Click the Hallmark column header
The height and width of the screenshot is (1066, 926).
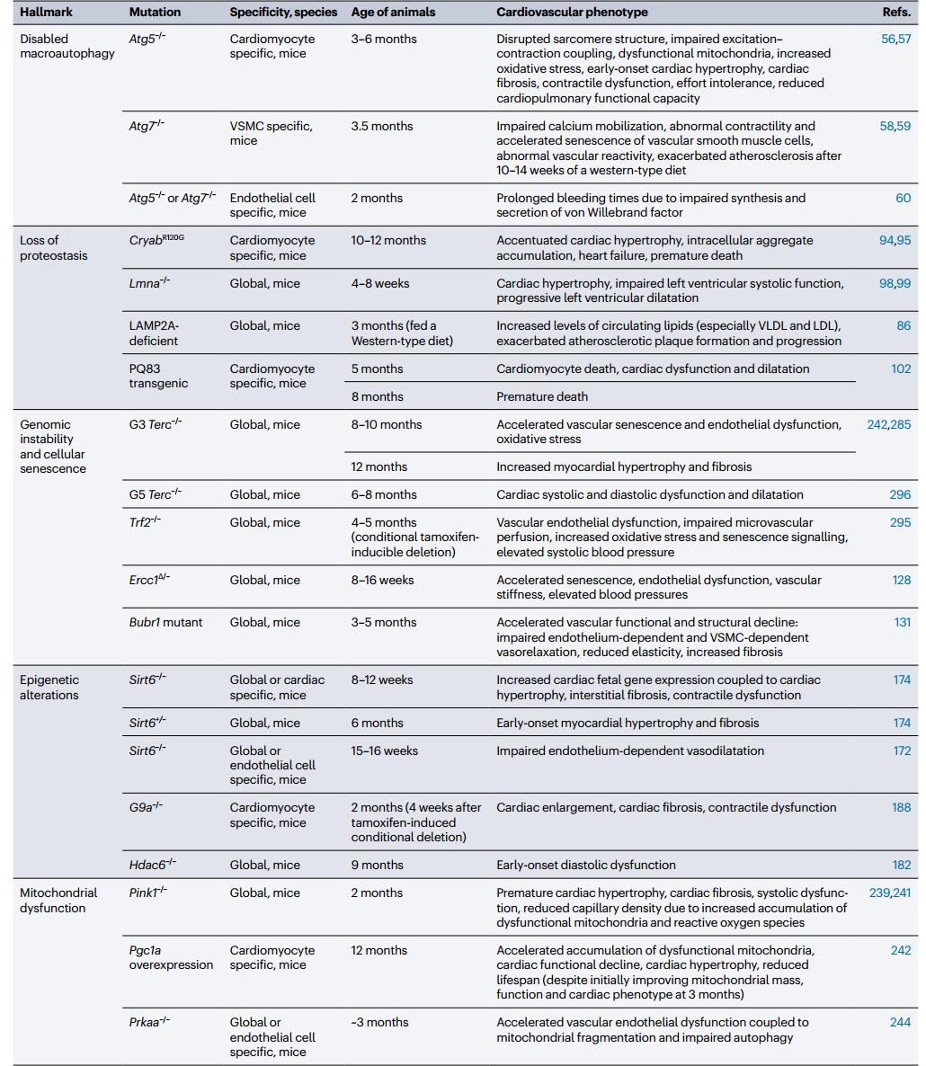point(46,13)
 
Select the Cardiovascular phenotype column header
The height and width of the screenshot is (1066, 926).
point(572,13)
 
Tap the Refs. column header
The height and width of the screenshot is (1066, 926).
point(896,13)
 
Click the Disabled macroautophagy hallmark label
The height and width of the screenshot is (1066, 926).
point(67,46)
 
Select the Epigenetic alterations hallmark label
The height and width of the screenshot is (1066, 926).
point(49,687)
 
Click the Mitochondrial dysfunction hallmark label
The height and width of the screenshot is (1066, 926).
point(58,900)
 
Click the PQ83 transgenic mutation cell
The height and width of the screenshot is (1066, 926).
point(158,376)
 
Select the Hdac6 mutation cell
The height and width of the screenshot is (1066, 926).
point(152,865)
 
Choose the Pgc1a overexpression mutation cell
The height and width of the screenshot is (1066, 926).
point(171,957)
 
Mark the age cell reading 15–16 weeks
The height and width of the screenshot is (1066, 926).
point(384,751)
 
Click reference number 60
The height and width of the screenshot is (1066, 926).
point(903,198)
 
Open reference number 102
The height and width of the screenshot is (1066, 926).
point(900,369)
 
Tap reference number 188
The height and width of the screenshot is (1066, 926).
point(901,807)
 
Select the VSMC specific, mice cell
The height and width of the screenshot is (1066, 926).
point(271,133)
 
